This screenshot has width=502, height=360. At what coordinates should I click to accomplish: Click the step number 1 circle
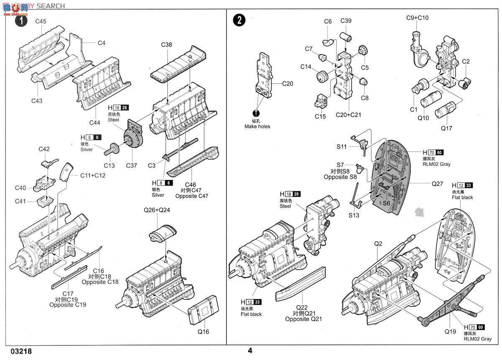click(x=21, y=21)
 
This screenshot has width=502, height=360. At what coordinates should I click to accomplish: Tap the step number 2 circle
click(x=238, y=21)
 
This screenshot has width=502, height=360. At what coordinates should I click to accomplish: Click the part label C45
click(x=41, y=21)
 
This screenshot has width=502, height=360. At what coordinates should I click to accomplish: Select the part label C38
click(x=166, y=44)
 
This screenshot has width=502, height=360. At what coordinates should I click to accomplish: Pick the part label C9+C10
click(x=417, y=18)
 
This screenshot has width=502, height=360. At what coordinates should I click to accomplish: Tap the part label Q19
click(x=450, y=331)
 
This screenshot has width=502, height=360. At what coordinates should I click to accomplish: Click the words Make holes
click(x=257, y=126)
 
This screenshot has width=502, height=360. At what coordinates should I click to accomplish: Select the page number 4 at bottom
click(x=250, y=351)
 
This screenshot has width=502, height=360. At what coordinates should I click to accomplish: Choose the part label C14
click(x=306, y=67)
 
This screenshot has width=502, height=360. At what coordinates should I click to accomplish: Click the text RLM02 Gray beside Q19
click(x=478, y=339)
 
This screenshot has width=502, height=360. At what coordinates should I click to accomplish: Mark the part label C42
click(x=44, y=149)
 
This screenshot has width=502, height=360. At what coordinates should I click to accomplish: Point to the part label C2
click(x=466, y=62)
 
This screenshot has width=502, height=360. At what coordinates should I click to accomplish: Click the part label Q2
click(x=378, y=243)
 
